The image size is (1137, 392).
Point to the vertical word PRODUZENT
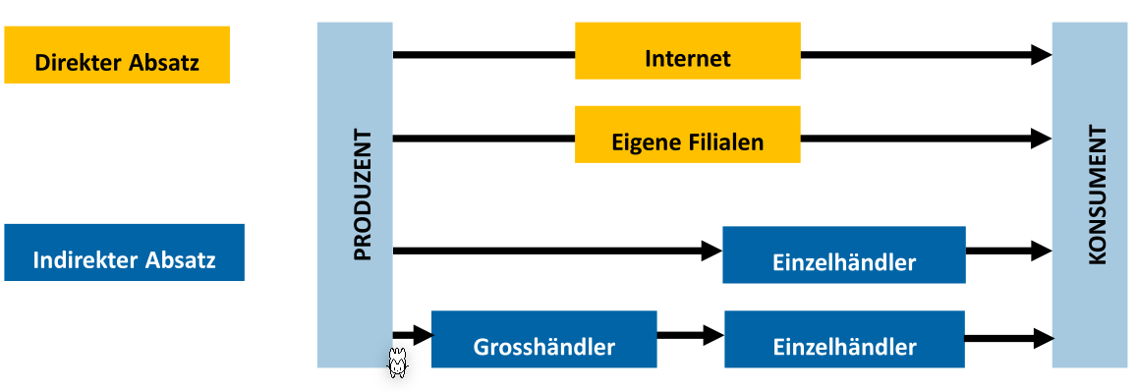click(362, 195)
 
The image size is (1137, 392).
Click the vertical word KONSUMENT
click(1098, 195)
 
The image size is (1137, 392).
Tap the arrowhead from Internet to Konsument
click(1041, 55)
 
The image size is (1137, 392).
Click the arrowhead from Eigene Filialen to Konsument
click(1041, 140)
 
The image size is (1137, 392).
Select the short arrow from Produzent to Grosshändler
click(413, 336)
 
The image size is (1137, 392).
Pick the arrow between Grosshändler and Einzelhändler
click(690, 336)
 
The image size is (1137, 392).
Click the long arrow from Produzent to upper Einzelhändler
click(550, 252)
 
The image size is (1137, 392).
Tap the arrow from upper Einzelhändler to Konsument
click(1008, 252)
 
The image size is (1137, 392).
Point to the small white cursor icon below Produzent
click(397, 363)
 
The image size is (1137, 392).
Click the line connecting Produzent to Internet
click(482, 55)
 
